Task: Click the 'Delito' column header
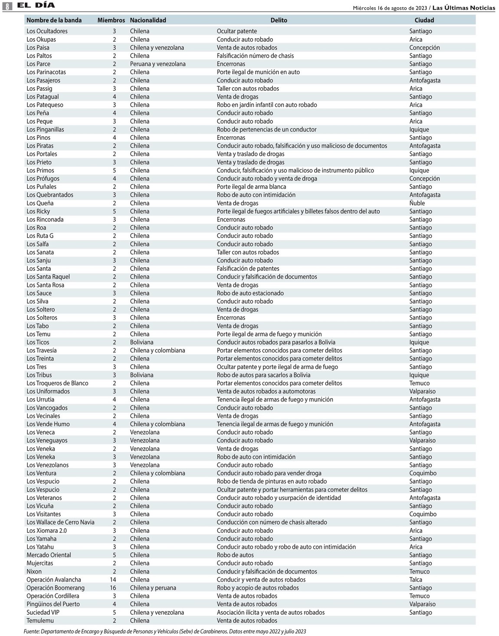coord(279,20)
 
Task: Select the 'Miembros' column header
coord(111,20)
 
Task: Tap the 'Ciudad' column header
coord(424,20)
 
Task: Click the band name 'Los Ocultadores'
coord(47,31)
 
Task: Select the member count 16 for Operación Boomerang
coord(114,588)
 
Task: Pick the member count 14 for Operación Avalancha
coord(114,580)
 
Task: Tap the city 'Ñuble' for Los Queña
coord(417,203)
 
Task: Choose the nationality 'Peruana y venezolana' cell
coord(158,64)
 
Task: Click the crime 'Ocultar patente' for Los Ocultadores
coord(236,31)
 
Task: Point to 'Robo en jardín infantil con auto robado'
coord(266,105)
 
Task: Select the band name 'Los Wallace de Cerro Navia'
coord(60,522)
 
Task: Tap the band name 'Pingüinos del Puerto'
coord(53,604)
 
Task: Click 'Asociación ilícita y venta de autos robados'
coord(270,612)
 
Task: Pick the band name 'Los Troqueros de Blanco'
coord(57,383)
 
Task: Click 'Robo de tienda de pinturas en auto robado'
coord(272,481)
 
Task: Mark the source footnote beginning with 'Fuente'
coord(164,631)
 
